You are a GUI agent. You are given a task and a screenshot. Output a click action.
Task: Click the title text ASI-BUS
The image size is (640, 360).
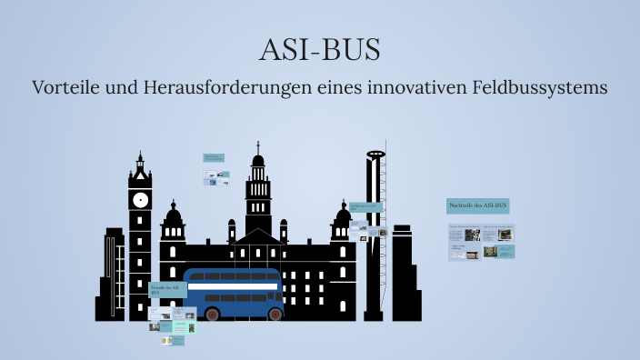tap(319, 50)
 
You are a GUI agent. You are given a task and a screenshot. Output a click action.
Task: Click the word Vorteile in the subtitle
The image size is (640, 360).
tap(65, 88)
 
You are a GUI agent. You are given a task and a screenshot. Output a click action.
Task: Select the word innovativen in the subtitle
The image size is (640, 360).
tap(415, 88)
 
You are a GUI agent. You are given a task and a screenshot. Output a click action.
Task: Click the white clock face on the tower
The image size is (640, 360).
tap(140, 199)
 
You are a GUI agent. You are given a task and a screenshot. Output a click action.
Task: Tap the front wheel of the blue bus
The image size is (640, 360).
tap(213, 314)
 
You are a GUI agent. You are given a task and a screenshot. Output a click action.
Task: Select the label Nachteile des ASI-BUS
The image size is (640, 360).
tap(478, 206)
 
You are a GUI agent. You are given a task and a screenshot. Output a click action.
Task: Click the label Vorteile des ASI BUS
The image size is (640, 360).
tap(167, 290)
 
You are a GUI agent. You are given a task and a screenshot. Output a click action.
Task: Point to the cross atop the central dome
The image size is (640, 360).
tap(258, 146)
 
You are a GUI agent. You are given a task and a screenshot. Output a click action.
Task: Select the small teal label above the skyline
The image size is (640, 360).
tap(214, 157)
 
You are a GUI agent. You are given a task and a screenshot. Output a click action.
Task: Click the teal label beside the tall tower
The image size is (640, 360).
tap(365, 207)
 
